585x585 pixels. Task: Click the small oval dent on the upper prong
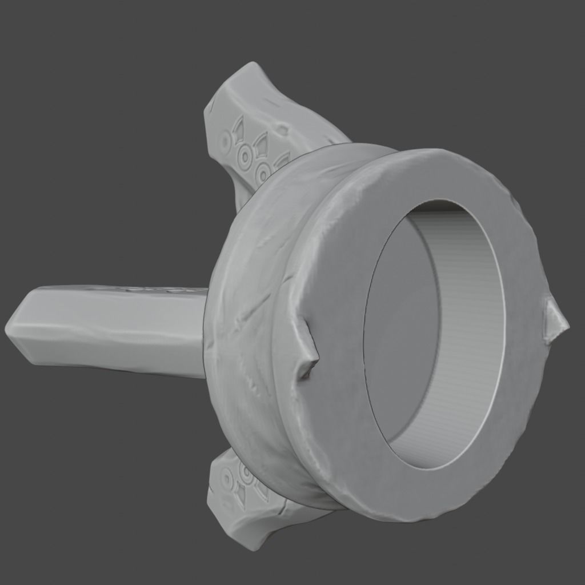282,130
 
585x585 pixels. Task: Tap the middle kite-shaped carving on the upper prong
262,142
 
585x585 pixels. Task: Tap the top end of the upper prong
251,69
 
